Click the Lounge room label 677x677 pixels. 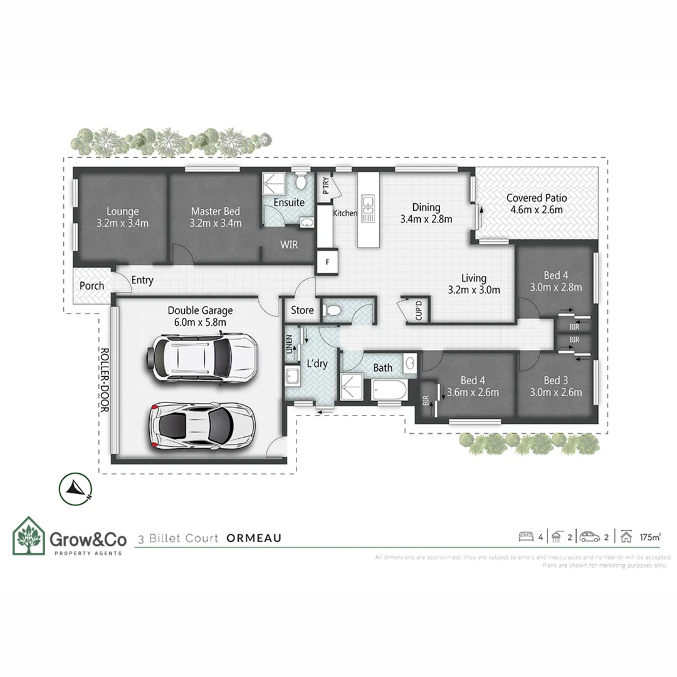(x=122, y=212)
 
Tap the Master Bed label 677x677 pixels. (x=216, y=212)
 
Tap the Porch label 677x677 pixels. (x=92, y=286)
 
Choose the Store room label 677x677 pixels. (x=302, y=310)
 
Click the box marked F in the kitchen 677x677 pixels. (x=327, y=261)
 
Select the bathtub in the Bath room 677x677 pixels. (x=389, y=391)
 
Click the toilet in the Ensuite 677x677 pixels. (x=302, y=182)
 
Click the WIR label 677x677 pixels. (x=289, y=245)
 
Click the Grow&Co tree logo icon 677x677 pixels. (x=29, y=537)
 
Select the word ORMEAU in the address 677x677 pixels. (x=254, y=538)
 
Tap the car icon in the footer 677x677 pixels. (x=590, y=537)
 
